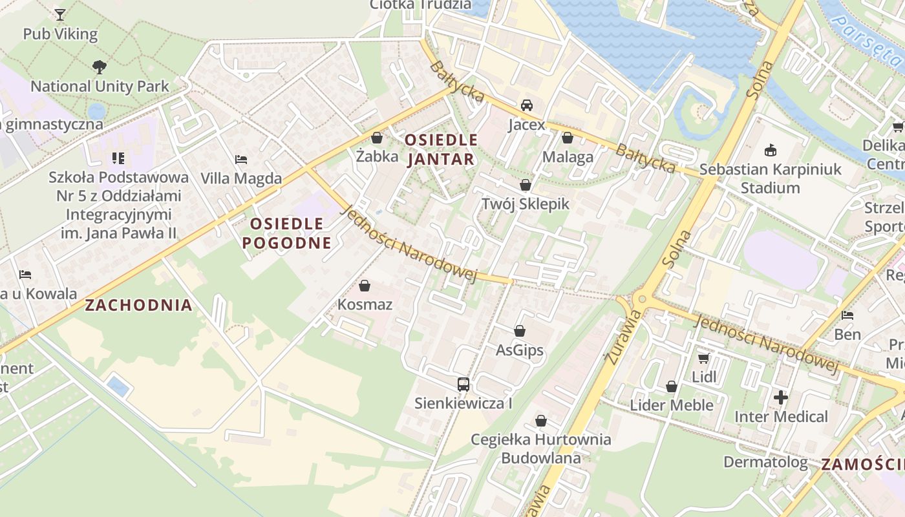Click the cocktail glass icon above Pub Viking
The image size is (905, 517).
tap(60, 14)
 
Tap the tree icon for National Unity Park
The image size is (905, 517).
tap(99, 66)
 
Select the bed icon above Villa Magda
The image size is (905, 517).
tap(241, 159)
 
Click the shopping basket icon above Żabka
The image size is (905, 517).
tap(377, 138)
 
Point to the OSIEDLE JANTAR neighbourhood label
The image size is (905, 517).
tap(441, 149)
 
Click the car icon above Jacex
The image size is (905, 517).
tap(527, 105)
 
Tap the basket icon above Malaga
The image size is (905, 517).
tap(568, 138)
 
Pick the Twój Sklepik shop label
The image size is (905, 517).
tap(525, 204)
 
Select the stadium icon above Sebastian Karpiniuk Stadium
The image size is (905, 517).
tap(770, 151)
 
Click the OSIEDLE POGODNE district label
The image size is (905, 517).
tap(286, 233)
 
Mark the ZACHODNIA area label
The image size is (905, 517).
tap(139, 305)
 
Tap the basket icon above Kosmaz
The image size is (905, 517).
tap(365, 286)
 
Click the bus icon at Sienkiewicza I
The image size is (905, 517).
tap(463, 385)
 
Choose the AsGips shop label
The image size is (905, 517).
tap(519, 351)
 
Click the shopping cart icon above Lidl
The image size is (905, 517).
tap(704, 357)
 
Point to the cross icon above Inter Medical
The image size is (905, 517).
tap(781, 397)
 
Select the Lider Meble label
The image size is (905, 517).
tap(672, 405)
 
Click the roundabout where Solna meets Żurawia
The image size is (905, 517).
tap(640, 299)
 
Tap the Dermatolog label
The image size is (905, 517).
tap(765, 462)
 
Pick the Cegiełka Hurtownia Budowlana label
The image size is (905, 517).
tap(540, 448)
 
